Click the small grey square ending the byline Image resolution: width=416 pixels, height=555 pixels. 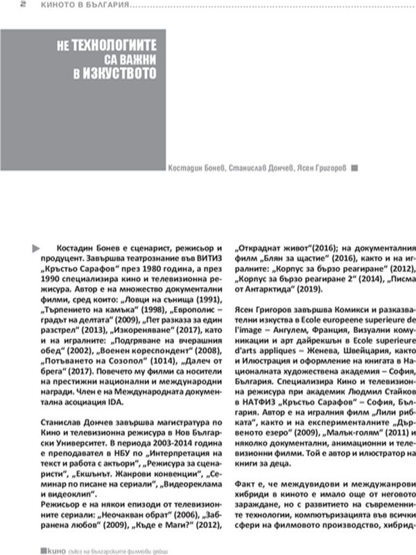coord(354,167)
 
